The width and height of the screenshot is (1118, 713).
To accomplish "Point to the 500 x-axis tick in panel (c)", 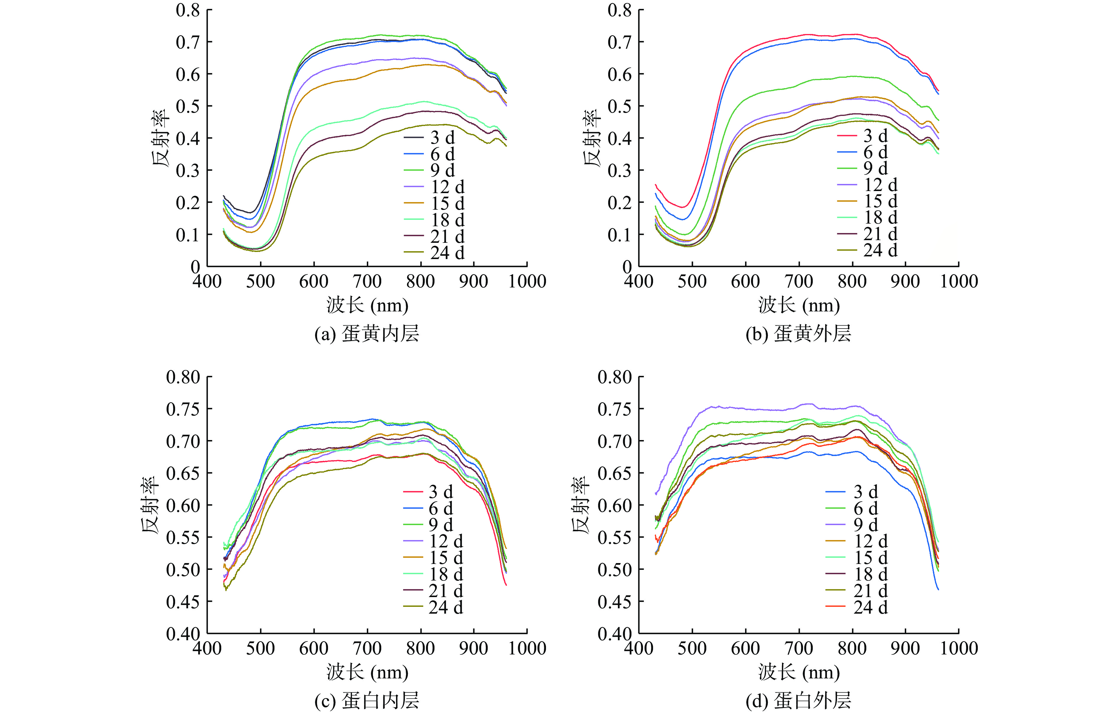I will [261, 648].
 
